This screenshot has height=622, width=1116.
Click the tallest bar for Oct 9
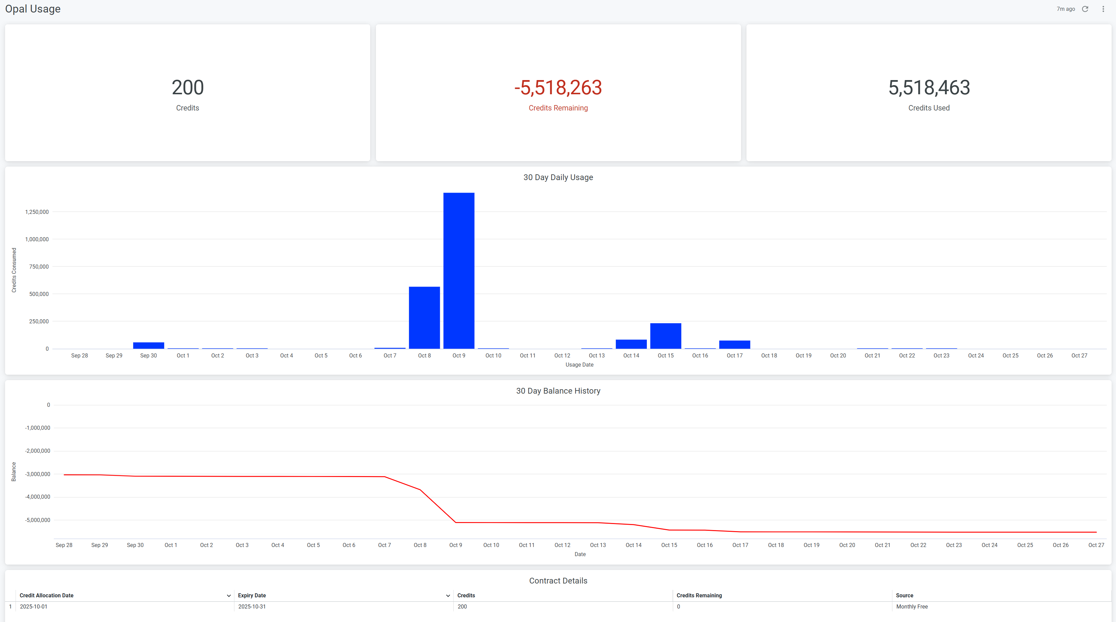(459, 271)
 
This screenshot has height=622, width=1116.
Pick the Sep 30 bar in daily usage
(148, 345)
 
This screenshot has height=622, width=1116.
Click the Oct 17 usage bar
(734, 345)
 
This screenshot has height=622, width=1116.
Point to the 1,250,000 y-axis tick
(37, 212)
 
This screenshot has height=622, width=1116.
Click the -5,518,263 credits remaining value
(558, 88)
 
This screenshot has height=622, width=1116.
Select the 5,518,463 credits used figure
(929, 88)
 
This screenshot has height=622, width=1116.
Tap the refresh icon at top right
(1085, 9)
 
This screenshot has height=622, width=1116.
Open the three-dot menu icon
(1103, 9)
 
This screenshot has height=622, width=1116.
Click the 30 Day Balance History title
(558, 391)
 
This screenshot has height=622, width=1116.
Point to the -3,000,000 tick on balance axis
(38, 474)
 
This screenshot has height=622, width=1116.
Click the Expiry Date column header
(252, 596)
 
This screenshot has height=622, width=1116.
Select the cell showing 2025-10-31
(252, 607)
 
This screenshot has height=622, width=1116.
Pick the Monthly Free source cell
(912, 607)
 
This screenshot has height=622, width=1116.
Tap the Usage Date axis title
(579, 365)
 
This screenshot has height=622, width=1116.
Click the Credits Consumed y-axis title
(14, 270)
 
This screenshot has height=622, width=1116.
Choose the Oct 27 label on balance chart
(1096, 545)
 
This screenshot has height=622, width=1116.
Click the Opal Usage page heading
(33, 9)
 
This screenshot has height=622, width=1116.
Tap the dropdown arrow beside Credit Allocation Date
(229, 596)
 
